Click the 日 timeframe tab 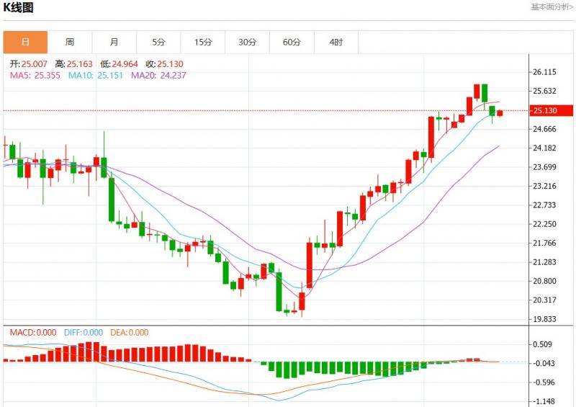coord(25,42)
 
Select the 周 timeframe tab coord(69,42)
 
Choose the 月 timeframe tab coord(114,42)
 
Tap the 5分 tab coord(158,42)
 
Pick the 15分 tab coord(203,42)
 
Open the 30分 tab coord(247,42)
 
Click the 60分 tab coord(292,42)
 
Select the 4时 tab coord(336,42)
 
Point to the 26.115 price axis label coord(546,72)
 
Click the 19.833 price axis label coord(546,319)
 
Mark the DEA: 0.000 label coord(130,332)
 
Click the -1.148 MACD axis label coord(545,401)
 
